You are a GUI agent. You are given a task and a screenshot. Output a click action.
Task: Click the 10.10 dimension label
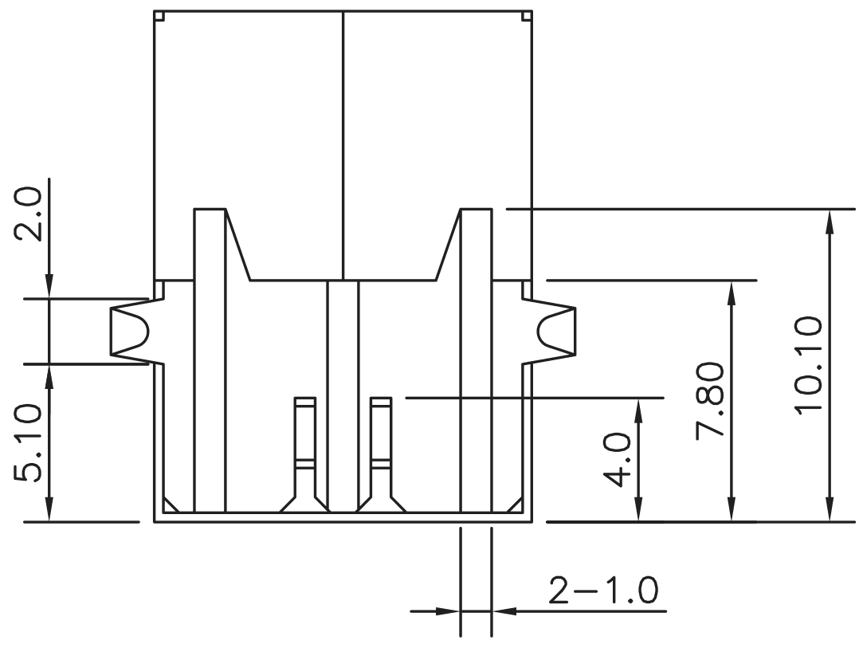click(809, 364)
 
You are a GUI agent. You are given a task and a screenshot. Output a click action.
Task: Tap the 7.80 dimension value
click(709, 400)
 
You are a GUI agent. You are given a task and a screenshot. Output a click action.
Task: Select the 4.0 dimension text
click(617, 460)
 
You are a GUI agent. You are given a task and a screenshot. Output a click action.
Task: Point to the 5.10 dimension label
click(28, 443)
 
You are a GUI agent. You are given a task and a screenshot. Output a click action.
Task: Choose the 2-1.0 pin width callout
click(603, 591)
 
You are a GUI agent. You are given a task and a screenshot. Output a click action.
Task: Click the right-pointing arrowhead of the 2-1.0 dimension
click(448, 611)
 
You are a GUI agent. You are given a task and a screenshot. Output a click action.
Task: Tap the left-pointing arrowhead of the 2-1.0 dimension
click(504, 611)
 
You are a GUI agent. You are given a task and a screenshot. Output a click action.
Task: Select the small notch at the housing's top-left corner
click(159, 16)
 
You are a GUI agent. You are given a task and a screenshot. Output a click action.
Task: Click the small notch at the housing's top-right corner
click(527, 16)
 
